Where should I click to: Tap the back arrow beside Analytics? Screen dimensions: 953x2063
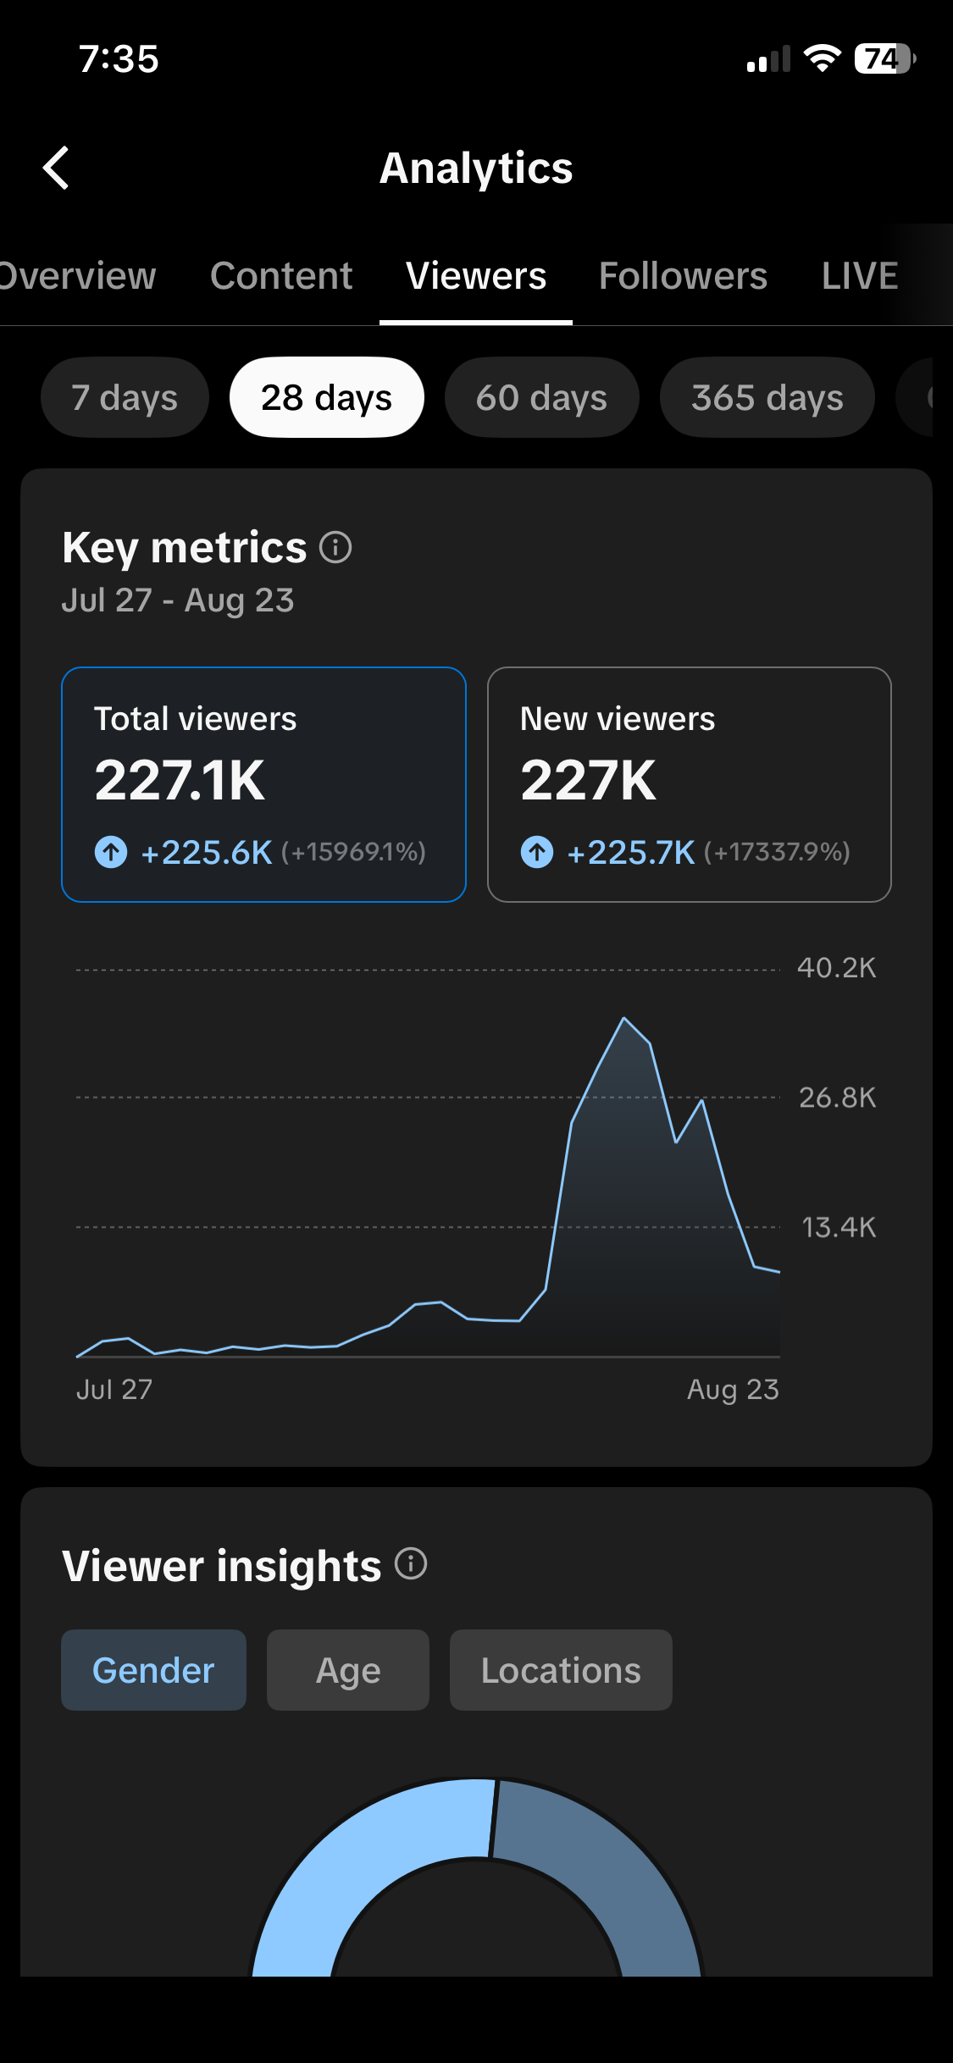[x=56, y=168]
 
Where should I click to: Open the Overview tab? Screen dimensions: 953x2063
[x=76, y=276]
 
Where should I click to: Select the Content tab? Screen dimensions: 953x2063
[x=281, y=276]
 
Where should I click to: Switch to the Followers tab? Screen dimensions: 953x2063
[x=683, y=276]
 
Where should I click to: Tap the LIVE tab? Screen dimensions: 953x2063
[x=860, y=276]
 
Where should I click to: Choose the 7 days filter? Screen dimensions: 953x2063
[x=125, y=397]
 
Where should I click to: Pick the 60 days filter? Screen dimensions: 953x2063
[x=541, y=397]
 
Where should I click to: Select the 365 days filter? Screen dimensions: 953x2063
[x=767, y=397]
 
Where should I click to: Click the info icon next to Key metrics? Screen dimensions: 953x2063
[x=335, y=547]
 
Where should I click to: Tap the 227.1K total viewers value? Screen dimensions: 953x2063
[x=180, y=780]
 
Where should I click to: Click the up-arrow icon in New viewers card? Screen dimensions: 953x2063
[x=537, y=852]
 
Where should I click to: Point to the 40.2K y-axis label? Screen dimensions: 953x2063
[x=836, y=968]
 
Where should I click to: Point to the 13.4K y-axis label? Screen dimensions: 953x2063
[x=838, y=1227]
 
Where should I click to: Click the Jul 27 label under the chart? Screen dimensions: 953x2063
[x=114, y=1390]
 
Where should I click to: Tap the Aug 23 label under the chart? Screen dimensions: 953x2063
[x=733, y=1391]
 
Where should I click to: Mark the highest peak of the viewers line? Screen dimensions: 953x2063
[x=624, y=1017]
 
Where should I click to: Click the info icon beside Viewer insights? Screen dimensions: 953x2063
[x=411, y=1563]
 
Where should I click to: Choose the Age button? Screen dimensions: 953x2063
[x=348, y=1670]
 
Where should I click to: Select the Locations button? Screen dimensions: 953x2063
[x=561, y=1670]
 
